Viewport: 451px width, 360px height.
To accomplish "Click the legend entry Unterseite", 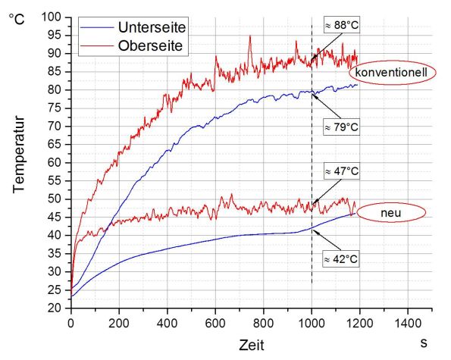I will pos(152,27).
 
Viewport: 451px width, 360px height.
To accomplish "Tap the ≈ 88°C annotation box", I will pos(340,25).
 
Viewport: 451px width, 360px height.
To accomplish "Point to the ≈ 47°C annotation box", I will pos(340,172).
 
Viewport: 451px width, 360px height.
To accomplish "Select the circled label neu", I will pos(391,214).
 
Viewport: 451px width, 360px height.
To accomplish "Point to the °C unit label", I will pos(17,17).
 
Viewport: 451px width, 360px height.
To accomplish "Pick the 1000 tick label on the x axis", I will pos(312,321).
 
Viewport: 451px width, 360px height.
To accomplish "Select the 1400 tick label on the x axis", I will pos(408,321).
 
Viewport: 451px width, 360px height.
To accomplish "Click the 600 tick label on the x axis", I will pos(215,321).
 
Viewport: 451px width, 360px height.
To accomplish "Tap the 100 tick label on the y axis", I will pos(52,17).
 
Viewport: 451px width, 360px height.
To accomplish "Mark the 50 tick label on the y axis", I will pos(55,199).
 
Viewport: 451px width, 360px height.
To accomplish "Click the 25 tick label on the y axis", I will pos(55,290).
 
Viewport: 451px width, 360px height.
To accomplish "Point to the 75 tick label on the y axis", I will pos(55,108).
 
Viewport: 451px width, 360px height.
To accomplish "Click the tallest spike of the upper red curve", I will pos(250,36).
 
